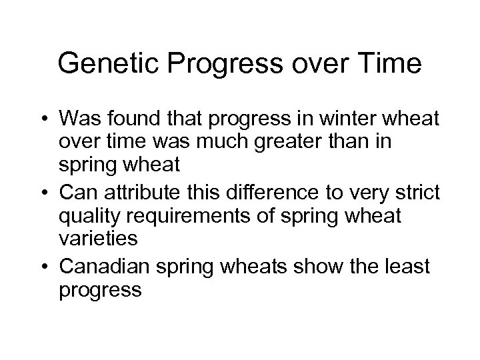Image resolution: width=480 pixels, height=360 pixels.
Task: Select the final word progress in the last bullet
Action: pos(100,289)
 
